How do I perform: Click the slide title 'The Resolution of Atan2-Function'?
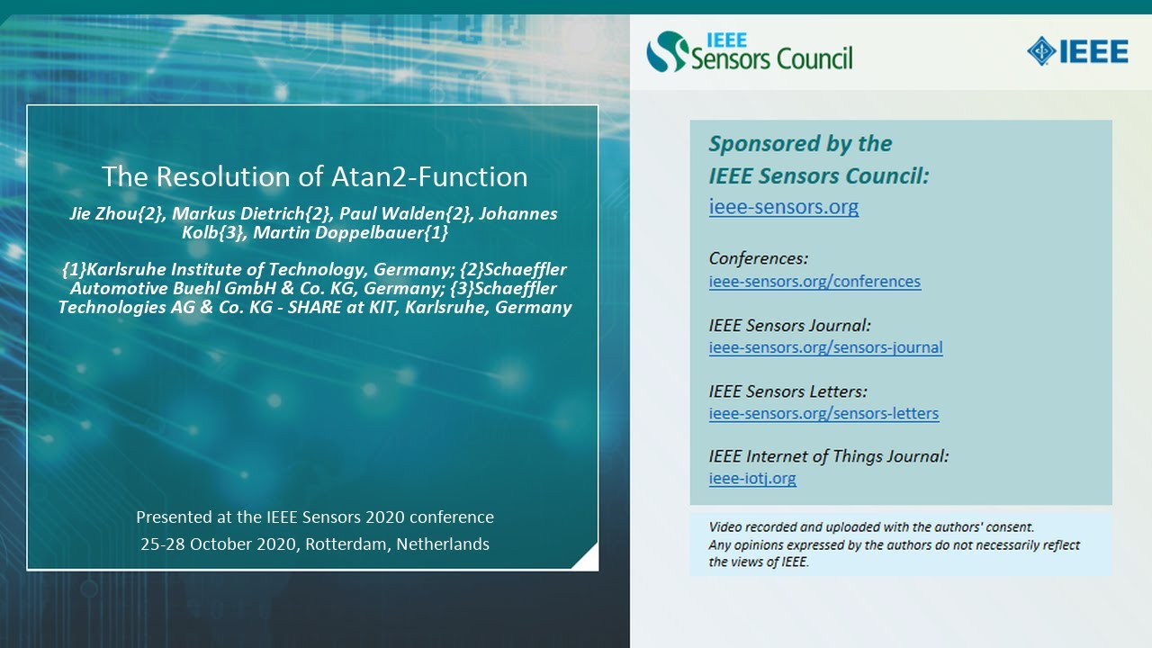(314, 176)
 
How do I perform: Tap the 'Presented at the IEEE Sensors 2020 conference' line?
(314, 517)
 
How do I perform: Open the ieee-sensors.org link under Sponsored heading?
(783, 207)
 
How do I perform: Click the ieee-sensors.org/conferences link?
(814, 282)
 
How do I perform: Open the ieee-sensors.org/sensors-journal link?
(825, 347)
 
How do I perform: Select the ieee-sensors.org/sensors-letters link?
(823, 414)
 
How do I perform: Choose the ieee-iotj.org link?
(752, 479)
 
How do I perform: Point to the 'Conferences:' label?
(759, 259)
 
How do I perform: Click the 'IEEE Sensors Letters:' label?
(787, 391)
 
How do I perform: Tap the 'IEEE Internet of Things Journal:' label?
(828, 456)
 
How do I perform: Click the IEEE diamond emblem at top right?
(1042, 50)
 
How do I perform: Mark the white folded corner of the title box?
(587, 559)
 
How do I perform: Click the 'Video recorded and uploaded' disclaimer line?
(871, 527)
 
